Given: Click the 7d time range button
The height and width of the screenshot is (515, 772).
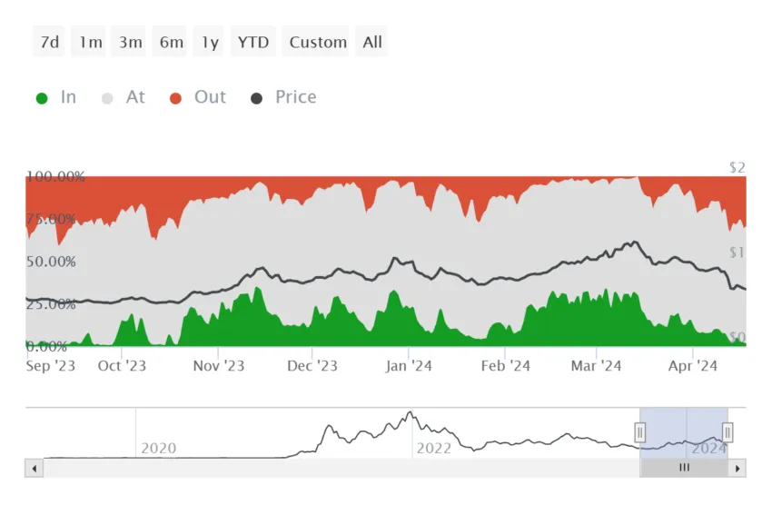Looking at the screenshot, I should [50, 42].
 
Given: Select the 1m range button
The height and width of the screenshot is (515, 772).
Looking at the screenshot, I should [90, 42].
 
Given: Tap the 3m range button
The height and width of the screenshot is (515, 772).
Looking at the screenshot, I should [130, 42].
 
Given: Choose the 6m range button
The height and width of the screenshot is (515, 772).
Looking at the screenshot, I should [171, 42].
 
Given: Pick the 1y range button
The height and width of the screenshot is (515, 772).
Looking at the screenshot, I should [210, 42].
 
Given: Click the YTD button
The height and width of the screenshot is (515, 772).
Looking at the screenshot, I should [253, 42].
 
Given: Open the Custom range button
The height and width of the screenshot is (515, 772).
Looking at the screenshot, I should [318, 42].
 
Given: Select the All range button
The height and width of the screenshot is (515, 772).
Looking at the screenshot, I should [372, 42].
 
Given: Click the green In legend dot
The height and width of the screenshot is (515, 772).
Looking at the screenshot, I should [42, 98].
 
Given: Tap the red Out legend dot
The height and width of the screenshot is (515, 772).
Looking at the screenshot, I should [176, 98].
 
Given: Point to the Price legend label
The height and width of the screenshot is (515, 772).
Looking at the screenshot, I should [296, 97].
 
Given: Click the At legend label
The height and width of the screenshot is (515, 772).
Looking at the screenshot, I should [135, 97].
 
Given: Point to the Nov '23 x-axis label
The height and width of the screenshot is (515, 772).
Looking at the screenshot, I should [219, 366].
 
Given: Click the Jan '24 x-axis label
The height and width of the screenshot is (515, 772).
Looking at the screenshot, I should [409, 366].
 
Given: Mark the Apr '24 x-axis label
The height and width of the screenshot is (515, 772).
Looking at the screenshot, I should [693, 366].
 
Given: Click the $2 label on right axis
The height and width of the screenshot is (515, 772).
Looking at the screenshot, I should [737, 168].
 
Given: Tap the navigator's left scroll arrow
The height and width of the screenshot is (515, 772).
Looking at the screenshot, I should [35, 469].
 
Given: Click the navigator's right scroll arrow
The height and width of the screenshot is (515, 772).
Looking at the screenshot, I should [737, 469].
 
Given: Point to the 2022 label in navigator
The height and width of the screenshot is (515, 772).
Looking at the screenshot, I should [433, 448].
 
